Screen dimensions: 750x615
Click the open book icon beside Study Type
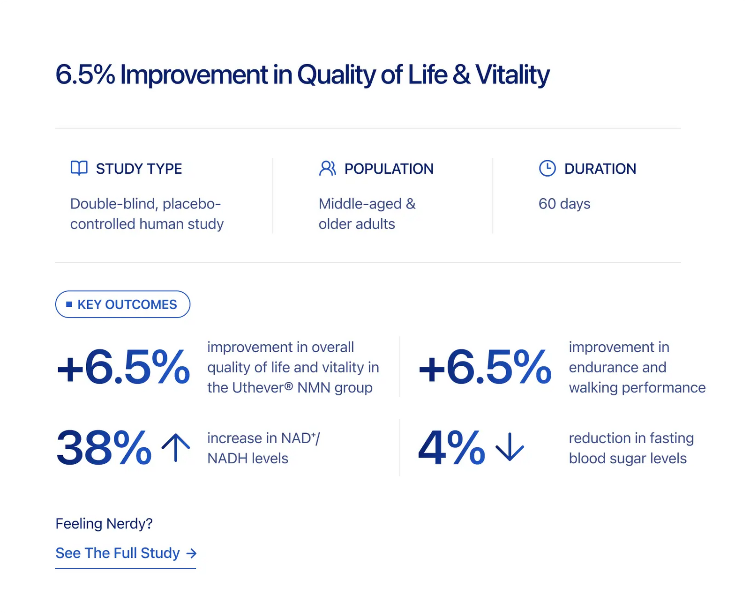coord(79,168)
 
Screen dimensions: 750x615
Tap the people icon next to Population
coord(327,169)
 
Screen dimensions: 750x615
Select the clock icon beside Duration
coord(547,168)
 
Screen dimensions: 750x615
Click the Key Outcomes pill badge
coord(123,304)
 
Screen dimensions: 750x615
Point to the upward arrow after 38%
coord(176,447)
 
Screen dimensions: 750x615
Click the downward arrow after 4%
coord(510,446)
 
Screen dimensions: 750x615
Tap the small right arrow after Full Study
coord(191,553)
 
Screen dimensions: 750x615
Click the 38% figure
coord(104,448)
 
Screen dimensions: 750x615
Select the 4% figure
coord(451,448)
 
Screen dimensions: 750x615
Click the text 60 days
coord(564,204)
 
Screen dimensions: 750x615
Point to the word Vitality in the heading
coord(512,75)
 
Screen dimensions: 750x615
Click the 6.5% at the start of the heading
coord(85,74)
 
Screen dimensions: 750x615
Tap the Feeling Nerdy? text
coord(104,524)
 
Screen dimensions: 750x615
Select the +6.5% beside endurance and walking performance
coord(485,367)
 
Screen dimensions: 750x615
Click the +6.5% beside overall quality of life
coord(123,367)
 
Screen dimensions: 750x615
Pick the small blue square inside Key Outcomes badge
coord(69,304)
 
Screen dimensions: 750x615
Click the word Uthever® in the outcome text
coord(262,387)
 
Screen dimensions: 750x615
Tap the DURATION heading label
coord(600,169)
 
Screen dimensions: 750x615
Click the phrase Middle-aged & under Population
coord(367,204)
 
